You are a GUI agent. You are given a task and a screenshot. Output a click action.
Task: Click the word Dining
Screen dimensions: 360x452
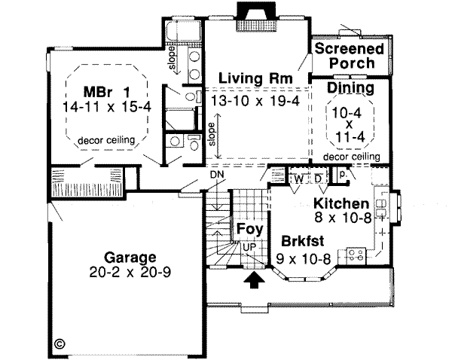point(350,89)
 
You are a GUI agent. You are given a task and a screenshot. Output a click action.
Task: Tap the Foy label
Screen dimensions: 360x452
point(249,229)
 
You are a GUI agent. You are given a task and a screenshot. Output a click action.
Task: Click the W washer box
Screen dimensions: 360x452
point(299,179)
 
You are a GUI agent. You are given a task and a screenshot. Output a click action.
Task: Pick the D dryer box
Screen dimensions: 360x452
point(318,179)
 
